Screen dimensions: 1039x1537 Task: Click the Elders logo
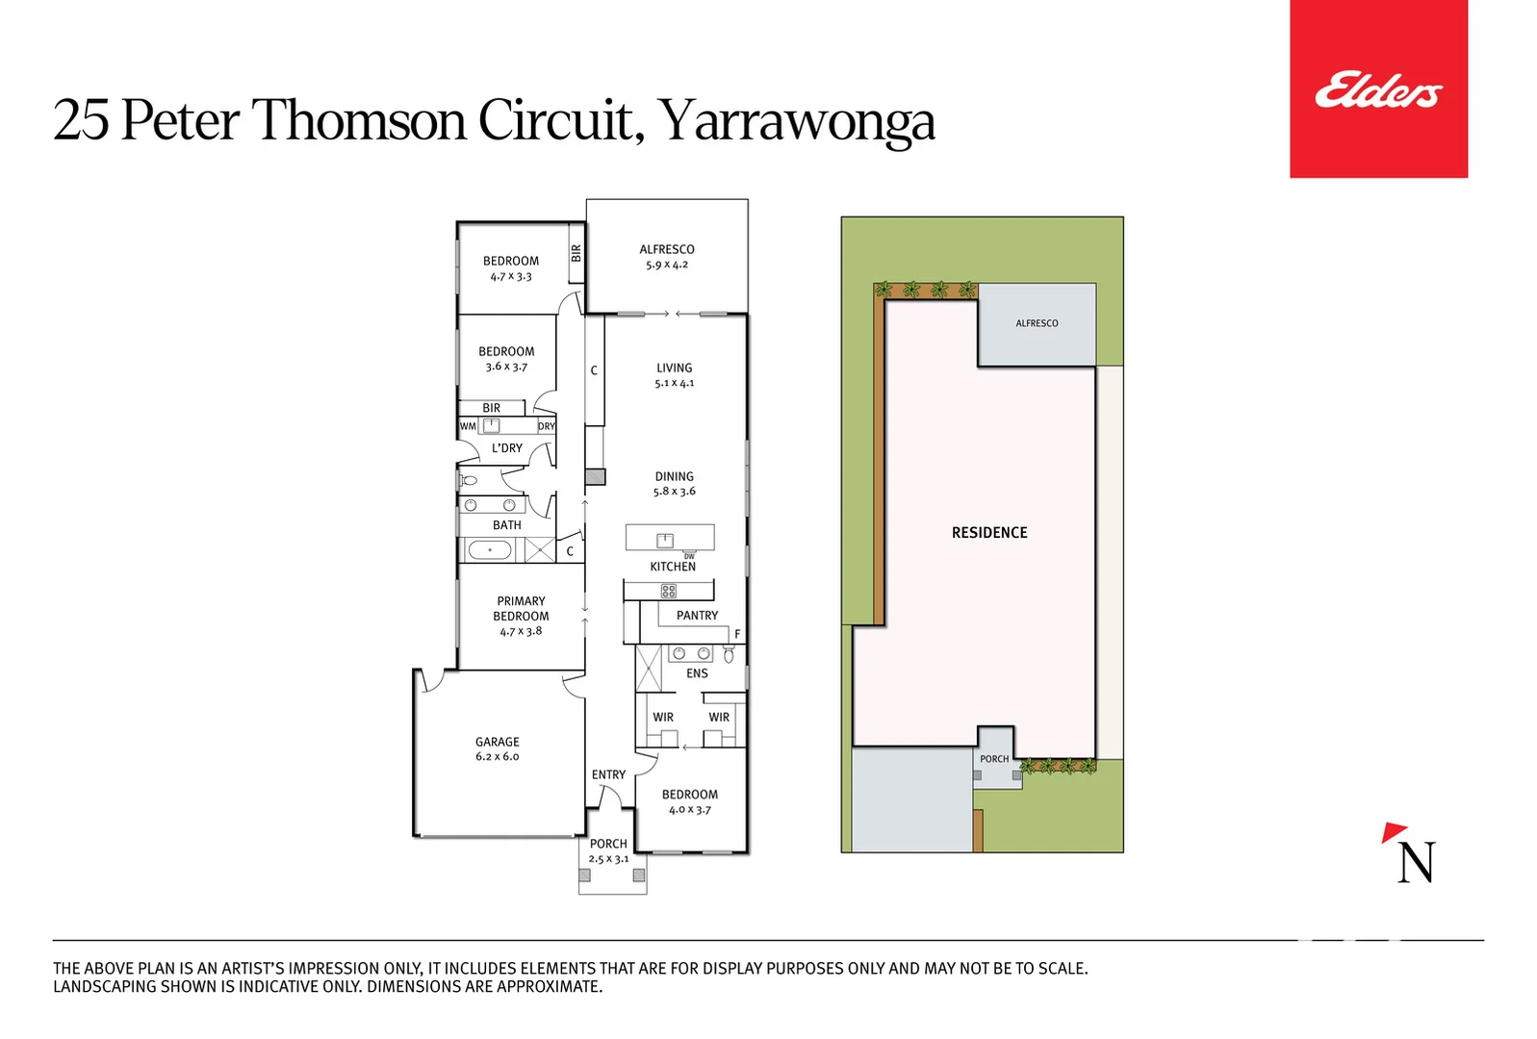[1377, 89]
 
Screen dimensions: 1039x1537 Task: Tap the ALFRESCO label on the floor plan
[666, 249]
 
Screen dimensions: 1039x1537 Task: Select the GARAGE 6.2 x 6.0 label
[497, 748]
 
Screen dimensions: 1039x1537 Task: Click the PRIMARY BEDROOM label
[521, 609]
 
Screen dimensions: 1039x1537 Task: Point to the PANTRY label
[697, 616]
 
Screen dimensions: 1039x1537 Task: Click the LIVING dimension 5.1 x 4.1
[674, 383]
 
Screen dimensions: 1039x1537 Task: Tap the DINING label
[674, 476]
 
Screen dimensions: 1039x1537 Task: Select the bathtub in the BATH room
[490, 550]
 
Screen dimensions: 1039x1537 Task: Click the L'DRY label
[507, 448]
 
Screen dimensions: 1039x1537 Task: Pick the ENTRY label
[608, 774]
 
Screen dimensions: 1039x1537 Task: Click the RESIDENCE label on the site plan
[989, 533]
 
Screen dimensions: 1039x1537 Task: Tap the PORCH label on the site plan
[994, 759]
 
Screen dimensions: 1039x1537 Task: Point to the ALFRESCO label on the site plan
[1037, 323]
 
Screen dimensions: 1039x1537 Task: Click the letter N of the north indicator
[1416, 863]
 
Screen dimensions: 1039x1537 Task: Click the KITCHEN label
[672, 567]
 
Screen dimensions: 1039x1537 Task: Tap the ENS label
[697, 673]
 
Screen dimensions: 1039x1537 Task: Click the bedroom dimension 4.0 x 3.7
[689, 810]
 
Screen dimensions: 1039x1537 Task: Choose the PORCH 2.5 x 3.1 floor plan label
[608, 850]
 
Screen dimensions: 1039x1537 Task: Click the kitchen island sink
[665, 540]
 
